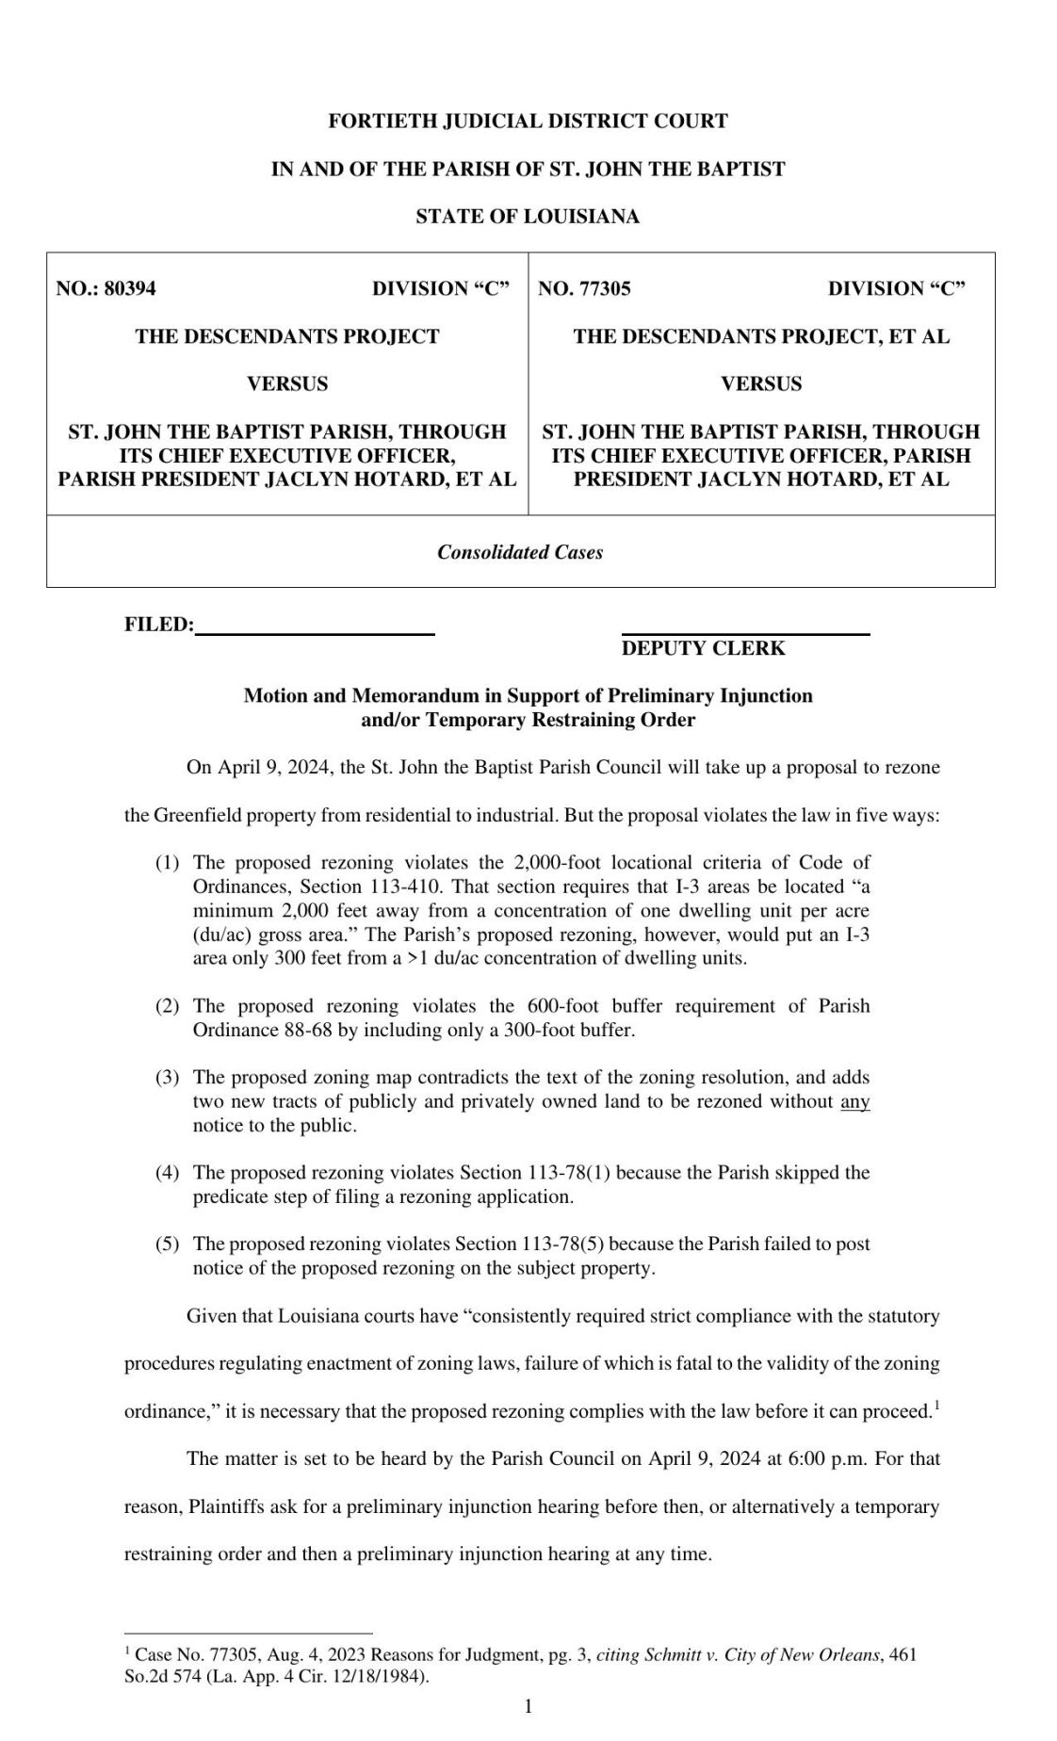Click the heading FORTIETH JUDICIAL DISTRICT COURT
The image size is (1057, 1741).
pos(528,122)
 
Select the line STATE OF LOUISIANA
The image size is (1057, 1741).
pos(528,217)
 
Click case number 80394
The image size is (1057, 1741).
pos(130,289)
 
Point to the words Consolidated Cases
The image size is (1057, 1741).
pos(520,552)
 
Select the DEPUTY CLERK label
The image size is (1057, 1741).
pos(703,648)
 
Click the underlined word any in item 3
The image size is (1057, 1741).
pos(854,1101)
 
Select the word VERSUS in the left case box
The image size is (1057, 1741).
pos(287,384)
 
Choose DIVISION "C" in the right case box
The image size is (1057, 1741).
pos(896,289)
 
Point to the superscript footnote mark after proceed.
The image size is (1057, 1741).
pos(936,1406)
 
